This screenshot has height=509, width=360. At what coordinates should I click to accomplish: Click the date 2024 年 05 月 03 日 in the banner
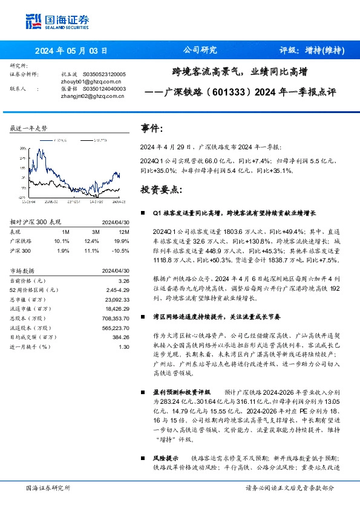point(71,50)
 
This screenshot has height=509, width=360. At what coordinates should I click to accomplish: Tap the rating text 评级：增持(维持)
point(312,50)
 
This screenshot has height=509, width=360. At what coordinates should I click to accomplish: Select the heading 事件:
point(152,129)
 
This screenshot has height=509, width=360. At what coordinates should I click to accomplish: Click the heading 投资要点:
point(161,189)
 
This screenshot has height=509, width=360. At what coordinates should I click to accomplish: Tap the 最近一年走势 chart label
point(29,129)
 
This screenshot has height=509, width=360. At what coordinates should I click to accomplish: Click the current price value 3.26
point(124,280)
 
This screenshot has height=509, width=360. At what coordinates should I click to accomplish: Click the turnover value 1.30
point(124,346)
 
